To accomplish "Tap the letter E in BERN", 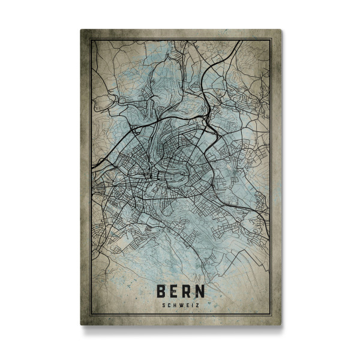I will coord(175,291).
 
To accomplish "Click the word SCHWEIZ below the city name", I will coord(181,304).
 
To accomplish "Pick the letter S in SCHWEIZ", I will coord(164,304).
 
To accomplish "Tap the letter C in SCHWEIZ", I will coord(170,304).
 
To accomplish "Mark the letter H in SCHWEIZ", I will coord(175,304).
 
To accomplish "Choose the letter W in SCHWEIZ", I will coord(181,304).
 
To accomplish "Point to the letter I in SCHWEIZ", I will coord(192,304).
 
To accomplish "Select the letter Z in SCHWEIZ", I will coord(197,304).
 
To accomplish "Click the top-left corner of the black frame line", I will coord(90,39).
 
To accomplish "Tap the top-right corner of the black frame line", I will coord(271,39).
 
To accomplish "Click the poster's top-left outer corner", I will coord(80,29).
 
